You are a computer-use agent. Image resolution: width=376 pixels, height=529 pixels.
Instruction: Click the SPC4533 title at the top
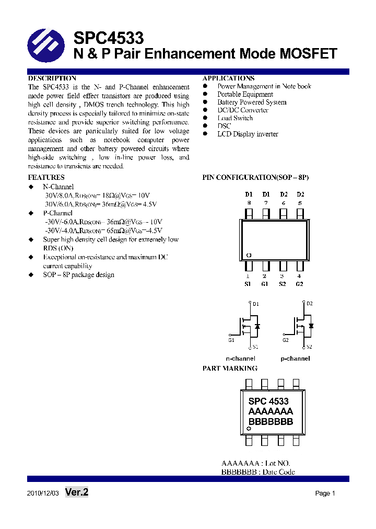(x=109, y=38)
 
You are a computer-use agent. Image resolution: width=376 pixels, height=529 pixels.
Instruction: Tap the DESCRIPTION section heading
(x=52, y=78)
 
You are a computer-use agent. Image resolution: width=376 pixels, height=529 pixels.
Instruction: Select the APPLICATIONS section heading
(x=229, y=78)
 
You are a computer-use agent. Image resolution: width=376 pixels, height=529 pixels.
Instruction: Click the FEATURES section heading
(x=46, y=178)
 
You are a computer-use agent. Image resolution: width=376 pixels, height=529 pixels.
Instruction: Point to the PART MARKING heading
(x=230, y=369)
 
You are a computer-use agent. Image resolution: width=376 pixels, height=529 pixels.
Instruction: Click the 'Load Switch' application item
(x=235, y=118)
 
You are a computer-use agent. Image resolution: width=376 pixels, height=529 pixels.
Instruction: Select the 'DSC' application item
(x=224, y=126)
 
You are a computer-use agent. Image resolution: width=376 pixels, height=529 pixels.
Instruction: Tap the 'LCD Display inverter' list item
(x=248, y=134)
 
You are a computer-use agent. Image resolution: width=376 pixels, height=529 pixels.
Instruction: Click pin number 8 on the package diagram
(x=249, y=203)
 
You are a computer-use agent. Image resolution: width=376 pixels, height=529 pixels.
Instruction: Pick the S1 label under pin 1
(x=248, y=284)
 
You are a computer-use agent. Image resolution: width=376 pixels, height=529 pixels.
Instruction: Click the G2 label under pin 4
(x=299, y=284)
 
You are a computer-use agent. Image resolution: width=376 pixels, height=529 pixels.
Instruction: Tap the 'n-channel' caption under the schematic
(x=240, y=359)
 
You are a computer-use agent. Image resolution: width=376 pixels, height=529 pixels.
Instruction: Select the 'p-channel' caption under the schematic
(x=295, y=359)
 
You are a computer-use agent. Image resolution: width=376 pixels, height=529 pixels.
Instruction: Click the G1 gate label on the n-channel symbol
(x=231, y=340)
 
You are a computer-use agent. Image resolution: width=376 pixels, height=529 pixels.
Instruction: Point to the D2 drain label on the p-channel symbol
(x=310, y=304)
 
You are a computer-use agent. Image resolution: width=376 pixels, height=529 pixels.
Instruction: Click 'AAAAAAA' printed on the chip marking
(x=271, y=411)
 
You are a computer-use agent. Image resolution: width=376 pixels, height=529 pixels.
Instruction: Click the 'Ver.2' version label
(x=77, y=492)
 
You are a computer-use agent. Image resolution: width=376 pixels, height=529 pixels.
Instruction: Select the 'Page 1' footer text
(x=325, y=493)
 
